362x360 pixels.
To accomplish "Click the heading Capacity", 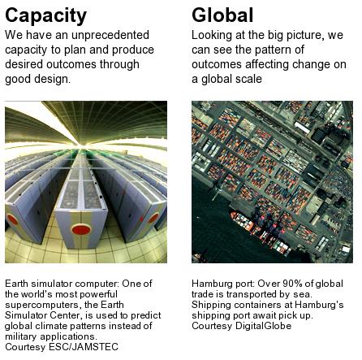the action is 45,16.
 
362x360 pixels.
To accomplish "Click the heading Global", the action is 222,15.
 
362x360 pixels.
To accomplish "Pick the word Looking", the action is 212,36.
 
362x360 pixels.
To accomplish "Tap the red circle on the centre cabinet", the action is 81,230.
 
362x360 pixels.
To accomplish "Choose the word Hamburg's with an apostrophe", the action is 319,305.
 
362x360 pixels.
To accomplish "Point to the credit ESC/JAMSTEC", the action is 84,347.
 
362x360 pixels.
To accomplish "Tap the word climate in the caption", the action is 52,326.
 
